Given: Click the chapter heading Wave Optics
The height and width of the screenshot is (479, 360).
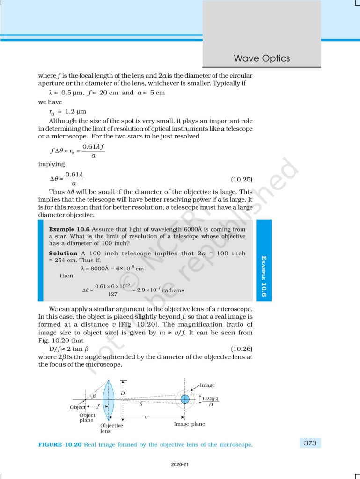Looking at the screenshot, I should (x=262, y=58).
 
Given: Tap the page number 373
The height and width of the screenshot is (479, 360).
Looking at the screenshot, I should (x=310, y=443).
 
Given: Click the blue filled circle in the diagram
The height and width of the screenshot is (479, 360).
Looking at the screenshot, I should (x=185, y=399).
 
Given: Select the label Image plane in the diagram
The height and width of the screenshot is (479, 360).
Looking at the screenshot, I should (x=189, y=424).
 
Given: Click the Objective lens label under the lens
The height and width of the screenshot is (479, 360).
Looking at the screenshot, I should (x=112, y=428).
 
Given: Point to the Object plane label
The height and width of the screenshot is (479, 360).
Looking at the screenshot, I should (x=87, y=418).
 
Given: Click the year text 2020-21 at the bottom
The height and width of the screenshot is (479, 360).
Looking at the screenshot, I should (x=180, y=465).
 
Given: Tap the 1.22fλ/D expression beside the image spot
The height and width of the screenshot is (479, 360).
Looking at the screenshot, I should (x=213, y=401).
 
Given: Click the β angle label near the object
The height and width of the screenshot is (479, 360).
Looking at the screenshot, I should (x=93, y=396).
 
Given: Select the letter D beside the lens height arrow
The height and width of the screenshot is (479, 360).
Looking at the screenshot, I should (x=123, y=393).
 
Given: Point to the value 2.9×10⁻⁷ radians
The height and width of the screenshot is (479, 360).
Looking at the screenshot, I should (x=160, y=290).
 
